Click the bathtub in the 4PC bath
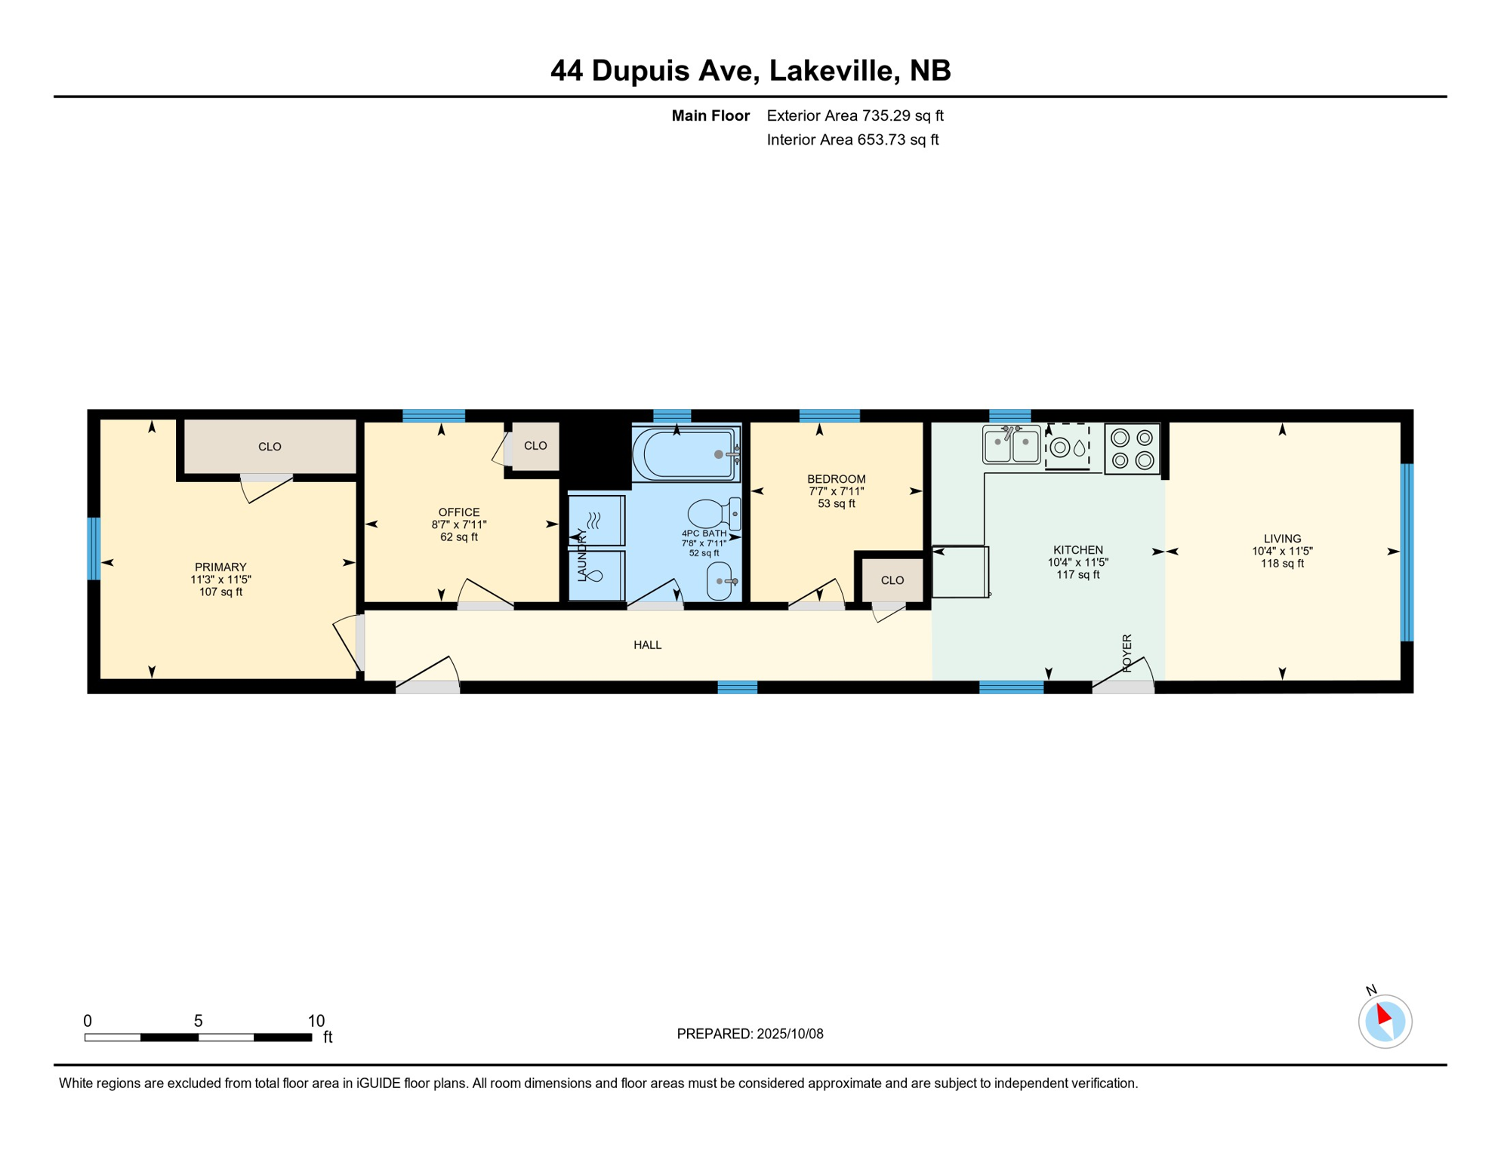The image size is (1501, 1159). [x=686, y=453]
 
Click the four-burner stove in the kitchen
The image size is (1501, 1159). [x=1132, y=449]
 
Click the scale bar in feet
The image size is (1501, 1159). [x=198, y=1038]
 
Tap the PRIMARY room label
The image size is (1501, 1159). [x=220, y=567]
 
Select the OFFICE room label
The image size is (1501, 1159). [x=459, y=512]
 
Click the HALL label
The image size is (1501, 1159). [x=648, y=645]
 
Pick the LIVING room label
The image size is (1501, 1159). [x=1282, y=539]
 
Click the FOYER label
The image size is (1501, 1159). [x=1127, y=653]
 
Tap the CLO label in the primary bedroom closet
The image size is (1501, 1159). [x=270, y=447]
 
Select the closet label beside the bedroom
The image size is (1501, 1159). [x=892, y=580]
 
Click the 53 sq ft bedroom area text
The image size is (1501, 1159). [x=837, y=504]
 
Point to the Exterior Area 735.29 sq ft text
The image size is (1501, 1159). [x=855, y=115]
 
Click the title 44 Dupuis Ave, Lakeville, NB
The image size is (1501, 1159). [x=750, y=70]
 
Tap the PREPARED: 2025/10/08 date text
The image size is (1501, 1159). [x=750, y=1034]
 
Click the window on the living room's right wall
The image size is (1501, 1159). [x=1407, y=552]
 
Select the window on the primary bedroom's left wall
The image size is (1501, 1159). [x=94, y=549]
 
